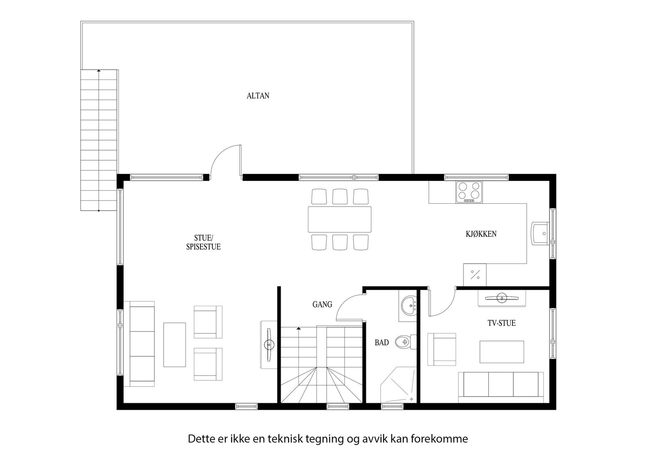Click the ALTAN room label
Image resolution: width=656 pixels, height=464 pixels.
(x=258, y=96)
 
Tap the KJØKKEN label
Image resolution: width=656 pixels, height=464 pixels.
(x=481, y=234)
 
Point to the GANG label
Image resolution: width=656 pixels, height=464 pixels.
(x=322, y=305)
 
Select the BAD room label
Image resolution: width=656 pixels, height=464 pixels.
(x=382, y=343)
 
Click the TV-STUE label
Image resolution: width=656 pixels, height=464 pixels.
(x=502, y=323)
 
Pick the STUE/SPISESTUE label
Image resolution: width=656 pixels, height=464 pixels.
(x=203, y=242)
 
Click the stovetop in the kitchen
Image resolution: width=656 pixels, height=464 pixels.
(x=469, y=192)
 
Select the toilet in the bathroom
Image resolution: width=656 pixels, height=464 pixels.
(x=405, y=341)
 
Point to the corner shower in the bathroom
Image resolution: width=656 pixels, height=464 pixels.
(x=398, y=385)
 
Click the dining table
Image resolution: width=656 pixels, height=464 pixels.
(x=339, y=219)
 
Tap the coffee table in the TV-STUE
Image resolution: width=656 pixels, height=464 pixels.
(x=502, y=352)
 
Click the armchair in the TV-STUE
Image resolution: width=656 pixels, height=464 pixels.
(x=442, y=349)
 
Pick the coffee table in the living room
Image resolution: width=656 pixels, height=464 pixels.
(x=175, y=345)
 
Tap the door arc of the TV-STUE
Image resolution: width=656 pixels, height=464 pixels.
(x=446, y=310)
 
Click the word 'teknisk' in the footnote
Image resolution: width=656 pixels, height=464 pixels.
(x=285, y=439)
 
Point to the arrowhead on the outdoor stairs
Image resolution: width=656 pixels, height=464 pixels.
(x=99, y=71)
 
